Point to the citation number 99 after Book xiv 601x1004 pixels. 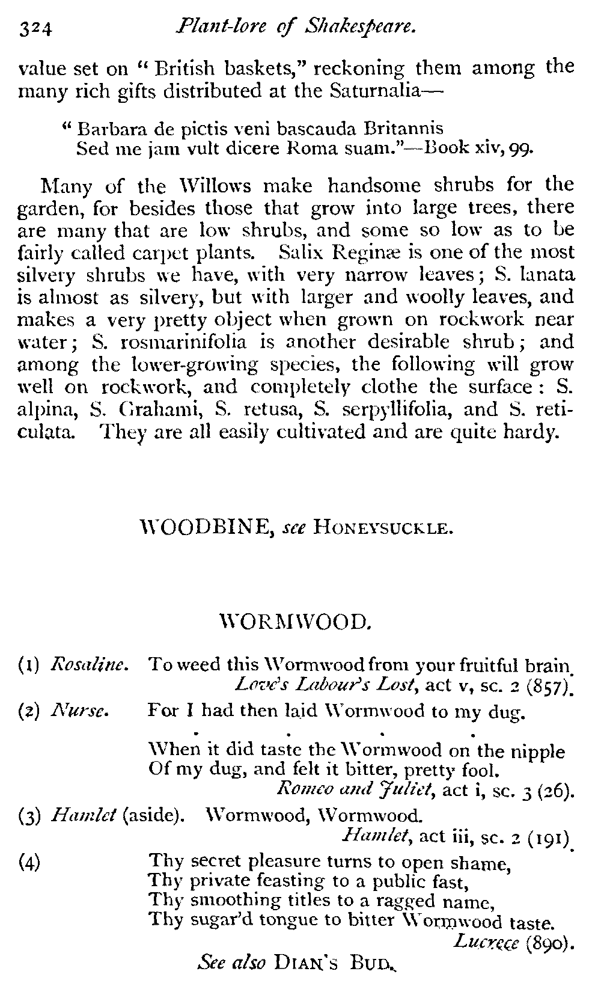pos(522,148)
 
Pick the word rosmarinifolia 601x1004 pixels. pos(177,342)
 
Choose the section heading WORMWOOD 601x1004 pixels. pos(298,620)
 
